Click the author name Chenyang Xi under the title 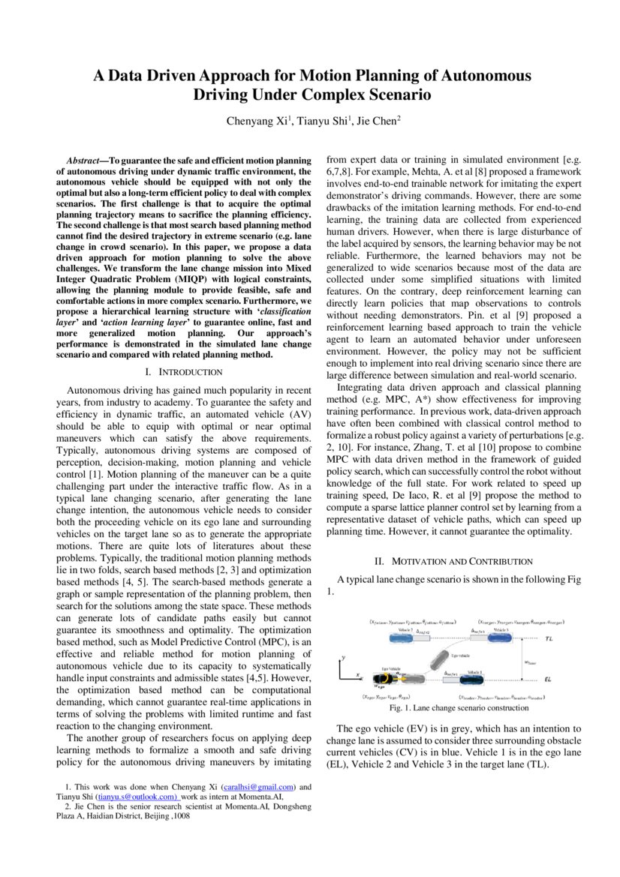[x=257, y=121]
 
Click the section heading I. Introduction [x=184, y=372]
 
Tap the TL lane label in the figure [x=549, y=639]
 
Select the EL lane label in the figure [x=548, y=680]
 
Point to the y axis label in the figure [x=343, y=657]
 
